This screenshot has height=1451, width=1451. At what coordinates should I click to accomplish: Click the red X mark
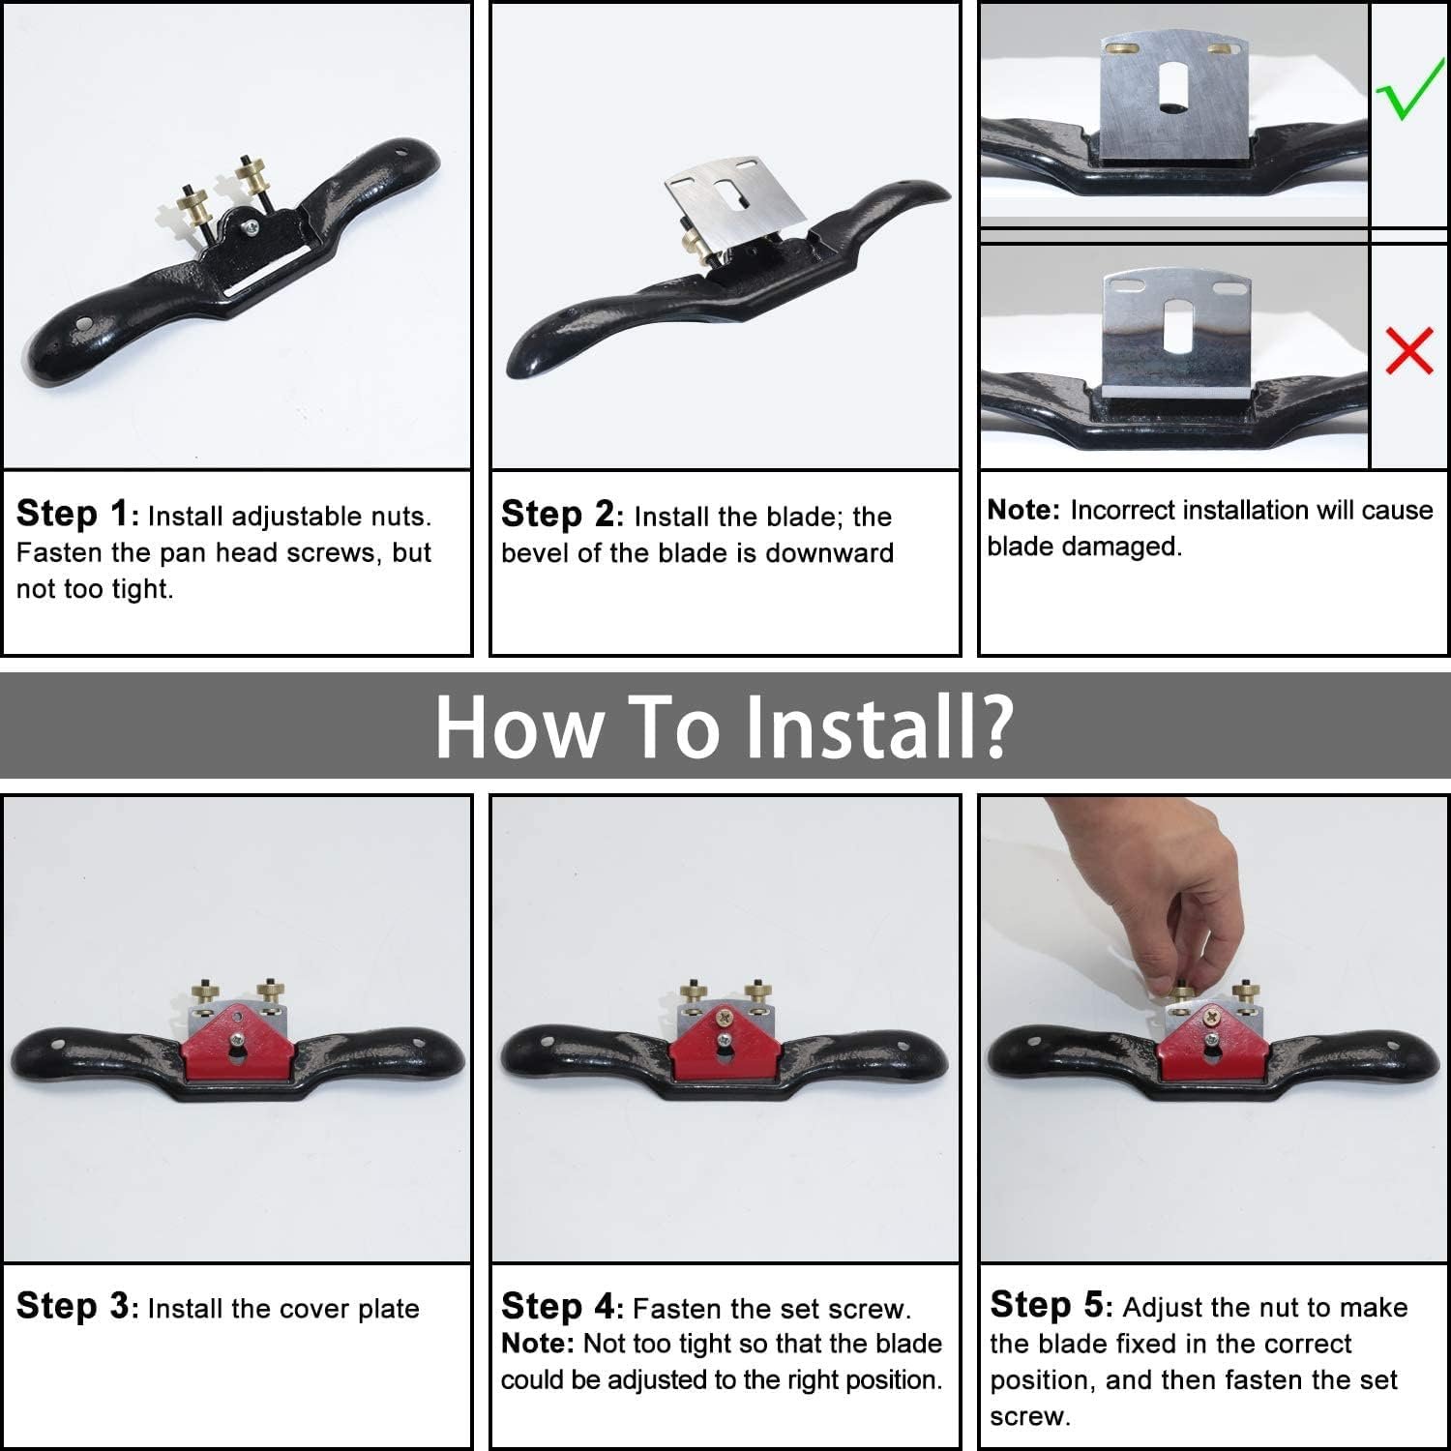1409,350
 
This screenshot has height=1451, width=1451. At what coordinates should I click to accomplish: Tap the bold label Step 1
73,514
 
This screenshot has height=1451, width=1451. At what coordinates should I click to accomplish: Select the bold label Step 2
557,514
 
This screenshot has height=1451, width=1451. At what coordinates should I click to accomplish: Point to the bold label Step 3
73,1306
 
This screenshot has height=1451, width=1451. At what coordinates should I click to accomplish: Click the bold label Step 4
558,1306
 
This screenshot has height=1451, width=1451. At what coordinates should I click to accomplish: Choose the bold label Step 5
1047,1305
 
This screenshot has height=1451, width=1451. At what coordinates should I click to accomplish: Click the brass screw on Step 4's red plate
725,1017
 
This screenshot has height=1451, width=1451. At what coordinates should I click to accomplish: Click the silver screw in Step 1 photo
252,227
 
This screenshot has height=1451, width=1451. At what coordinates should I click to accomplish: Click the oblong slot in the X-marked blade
1177,327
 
